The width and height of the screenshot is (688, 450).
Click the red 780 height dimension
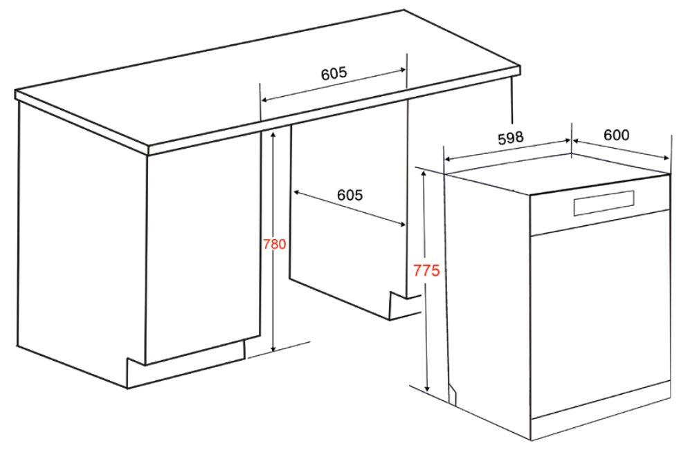coord(275,244)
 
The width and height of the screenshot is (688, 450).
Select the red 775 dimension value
coord(426,271)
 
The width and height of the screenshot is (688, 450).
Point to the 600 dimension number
coord(616,135)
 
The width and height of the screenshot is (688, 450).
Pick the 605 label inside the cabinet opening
coord(350,196)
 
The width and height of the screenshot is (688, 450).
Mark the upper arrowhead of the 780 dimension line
coord(273,133)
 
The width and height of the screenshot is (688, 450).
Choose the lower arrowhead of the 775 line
coord(428,389)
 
